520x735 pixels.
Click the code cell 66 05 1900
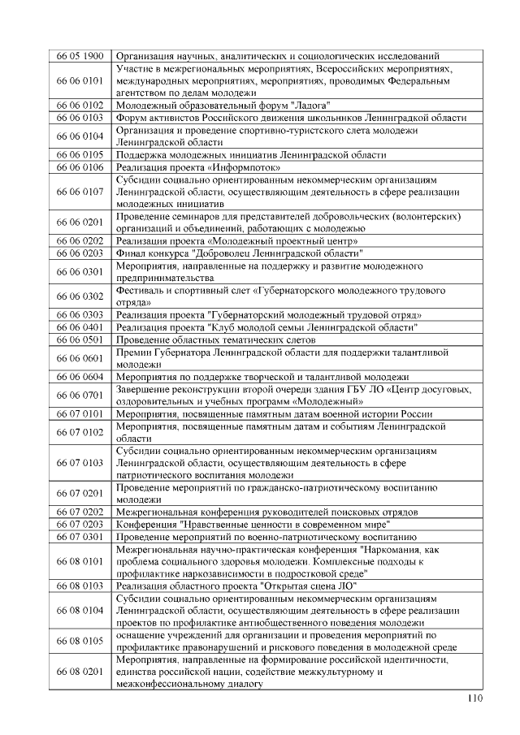pos(80,56)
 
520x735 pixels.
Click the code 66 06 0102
pos(80,106)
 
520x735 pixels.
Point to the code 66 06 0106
pos(80,166)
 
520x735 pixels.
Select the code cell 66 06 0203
pos(80,253)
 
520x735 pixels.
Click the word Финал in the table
pos(132,253)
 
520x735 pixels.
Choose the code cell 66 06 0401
pos(80,326)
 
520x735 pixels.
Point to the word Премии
pos(136,353)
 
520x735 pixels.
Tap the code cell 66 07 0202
pos(80,512)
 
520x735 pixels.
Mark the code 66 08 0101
pos(80,561)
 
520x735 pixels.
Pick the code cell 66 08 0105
pos(80,641)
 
